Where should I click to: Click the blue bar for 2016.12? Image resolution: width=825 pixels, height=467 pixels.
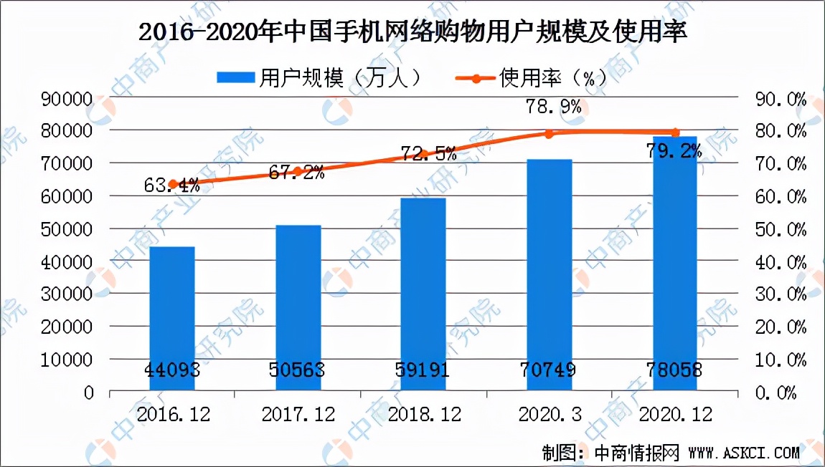tap(172, 319)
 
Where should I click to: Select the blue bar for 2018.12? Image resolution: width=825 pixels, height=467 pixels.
tap(423, 294)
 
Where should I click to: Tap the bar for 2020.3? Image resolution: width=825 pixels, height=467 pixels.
tap(549, 276)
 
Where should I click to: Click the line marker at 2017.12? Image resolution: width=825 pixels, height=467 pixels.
tap(298, 172)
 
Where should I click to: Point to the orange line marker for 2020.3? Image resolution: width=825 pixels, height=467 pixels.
tap(549, 134)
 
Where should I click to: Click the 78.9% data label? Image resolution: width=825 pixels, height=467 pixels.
tap(549, 107)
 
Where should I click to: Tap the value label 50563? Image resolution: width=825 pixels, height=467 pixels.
tap(298, 370)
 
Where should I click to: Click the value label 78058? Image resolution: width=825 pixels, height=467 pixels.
tap(675, 370)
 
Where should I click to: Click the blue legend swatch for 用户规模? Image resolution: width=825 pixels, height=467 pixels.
tap(237, 77)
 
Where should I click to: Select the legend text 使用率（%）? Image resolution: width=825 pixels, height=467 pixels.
tap(552, 77)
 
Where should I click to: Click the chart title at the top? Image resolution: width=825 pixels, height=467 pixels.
tap(412, 32)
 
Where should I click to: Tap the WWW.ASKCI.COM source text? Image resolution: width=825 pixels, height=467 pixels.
tap(743, 453)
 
